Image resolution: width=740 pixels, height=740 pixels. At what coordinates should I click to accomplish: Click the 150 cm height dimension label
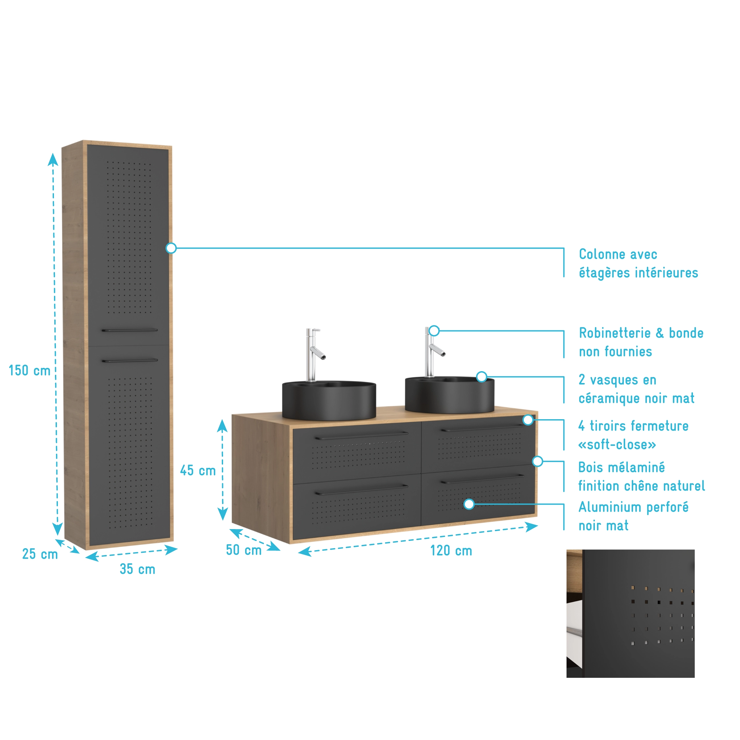click(x=30, y=370)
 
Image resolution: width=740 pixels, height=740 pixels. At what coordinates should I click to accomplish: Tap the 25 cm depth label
click(x=40, y=554)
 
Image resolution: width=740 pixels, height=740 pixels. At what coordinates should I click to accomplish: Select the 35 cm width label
click(x=138, y=569)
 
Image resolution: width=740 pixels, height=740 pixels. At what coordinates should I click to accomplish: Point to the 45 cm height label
click(x=198, y=470)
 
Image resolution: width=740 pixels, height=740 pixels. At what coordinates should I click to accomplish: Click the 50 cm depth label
click(x=243, y=549)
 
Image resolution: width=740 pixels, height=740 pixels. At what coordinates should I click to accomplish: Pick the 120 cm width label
click(x=451, y=550)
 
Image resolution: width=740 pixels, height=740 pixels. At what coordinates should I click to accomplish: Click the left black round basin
click(x=329, y=400)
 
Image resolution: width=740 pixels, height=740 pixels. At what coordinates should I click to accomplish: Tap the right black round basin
click(x=450, y=395)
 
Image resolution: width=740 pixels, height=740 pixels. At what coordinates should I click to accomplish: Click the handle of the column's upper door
click(x=129, y=330)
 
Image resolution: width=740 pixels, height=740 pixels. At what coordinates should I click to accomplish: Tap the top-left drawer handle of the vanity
click(x=362, y=436)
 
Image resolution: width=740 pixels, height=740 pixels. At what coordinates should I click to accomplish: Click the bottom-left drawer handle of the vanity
click(x=362, y=490)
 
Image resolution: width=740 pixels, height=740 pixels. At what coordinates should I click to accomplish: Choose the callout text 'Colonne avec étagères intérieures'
click(x=639, y=264)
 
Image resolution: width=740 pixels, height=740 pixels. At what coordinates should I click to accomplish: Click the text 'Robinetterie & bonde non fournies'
click(x=641, y=342)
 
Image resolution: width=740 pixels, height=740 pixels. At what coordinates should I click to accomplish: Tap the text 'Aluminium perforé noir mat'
click(x=633, y=516)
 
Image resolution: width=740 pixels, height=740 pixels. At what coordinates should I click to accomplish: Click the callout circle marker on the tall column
click(x=171, y=248)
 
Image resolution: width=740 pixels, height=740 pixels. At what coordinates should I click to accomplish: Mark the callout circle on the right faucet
click(x=434, y=331)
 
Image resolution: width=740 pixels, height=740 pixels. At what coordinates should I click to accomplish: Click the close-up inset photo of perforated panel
click(x=630, y=614)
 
